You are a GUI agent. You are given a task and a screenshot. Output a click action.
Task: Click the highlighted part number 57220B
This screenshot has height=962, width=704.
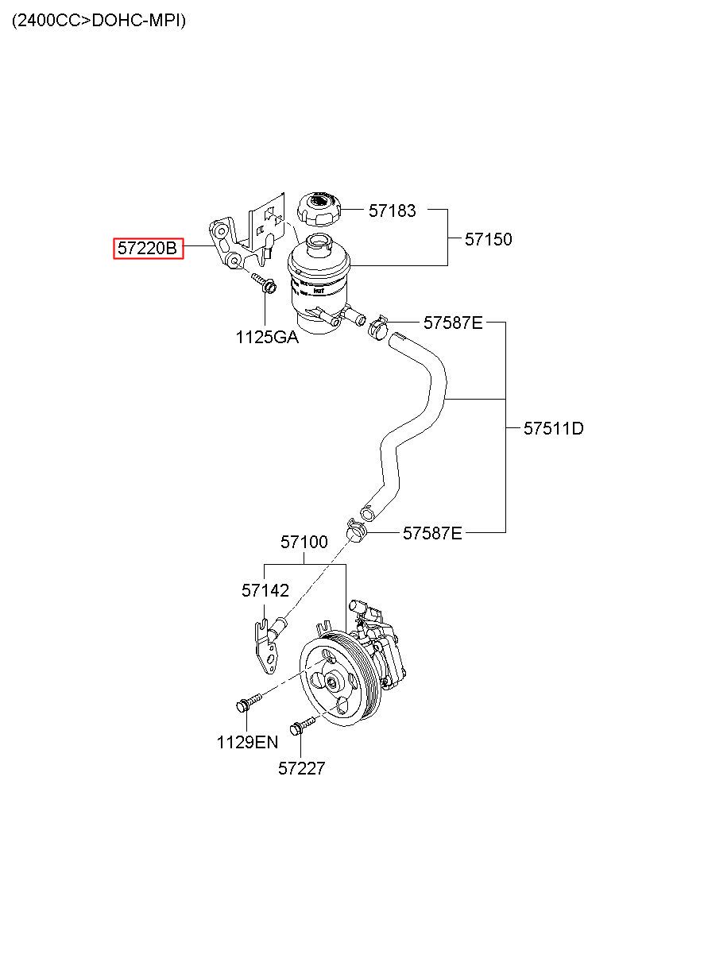tap(148, 249)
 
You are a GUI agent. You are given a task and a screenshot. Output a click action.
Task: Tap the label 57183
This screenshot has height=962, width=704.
tap(392, 211)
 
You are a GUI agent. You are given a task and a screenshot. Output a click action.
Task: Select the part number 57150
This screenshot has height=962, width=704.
tap(489, 239)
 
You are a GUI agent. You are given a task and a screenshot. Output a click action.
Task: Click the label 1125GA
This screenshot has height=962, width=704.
tap(267, 338)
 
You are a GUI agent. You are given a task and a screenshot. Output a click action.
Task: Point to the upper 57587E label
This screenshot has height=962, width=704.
tap(453, 323)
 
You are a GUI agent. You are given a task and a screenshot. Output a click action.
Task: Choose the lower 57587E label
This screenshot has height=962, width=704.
tap(432, 533)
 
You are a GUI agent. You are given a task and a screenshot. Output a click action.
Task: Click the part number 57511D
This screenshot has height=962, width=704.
tap(554, 429)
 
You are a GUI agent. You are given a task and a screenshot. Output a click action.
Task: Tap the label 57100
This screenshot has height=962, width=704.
tap(304, 543)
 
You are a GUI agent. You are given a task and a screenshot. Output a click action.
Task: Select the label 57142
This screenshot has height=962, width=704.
tap(265, 590)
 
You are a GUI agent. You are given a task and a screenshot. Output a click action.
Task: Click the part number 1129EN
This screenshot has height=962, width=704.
tap(247, 743)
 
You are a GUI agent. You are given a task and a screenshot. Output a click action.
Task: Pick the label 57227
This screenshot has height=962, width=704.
tap(302, 768)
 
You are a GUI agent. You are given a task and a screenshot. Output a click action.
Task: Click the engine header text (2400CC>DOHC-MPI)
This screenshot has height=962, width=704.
tap(99, 21)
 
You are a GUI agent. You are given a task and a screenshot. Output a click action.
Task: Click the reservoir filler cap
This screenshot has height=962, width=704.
tap(320, 209)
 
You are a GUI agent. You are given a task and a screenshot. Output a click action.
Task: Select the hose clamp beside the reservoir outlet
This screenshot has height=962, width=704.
tap(377, 323)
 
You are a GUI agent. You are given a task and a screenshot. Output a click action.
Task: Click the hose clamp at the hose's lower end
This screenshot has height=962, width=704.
tap(355, 527)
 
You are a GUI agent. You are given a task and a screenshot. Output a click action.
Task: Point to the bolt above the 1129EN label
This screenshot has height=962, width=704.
tap(248, 703)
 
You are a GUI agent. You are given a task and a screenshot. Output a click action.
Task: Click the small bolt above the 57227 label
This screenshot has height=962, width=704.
tap(302, 724)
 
